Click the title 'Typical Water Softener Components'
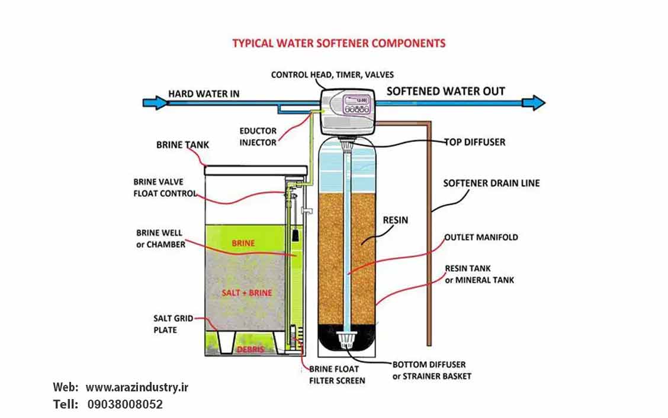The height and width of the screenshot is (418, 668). point(339,43)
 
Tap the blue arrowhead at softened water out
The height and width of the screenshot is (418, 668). point(535,103)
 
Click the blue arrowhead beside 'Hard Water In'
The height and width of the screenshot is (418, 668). point(152,103)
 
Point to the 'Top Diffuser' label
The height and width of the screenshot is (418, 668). point(476,142)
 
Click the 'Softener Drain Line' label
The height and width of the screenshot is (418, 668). point(492,183)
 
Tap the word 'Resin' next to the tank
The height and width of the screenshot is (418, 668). point(395,220)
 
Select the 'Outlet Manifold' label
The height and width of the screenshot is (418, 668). point(481,237)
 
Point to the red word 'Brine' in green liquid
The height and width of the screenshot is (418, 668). point(243,243)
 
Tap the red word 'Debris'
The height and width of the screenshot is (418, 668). point(250,349)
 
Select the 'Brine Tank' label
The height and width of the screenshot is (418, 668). point(182,145)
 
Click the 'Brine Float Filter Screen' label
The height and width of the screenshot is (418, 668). point(337,375)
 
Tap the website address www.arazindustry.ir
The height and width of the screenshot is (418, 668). point(137,388)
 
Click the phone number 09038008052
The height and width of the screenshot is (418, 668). point(125,405)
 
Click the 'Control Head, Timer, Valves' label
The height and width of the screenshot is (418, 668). point(332,75)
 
